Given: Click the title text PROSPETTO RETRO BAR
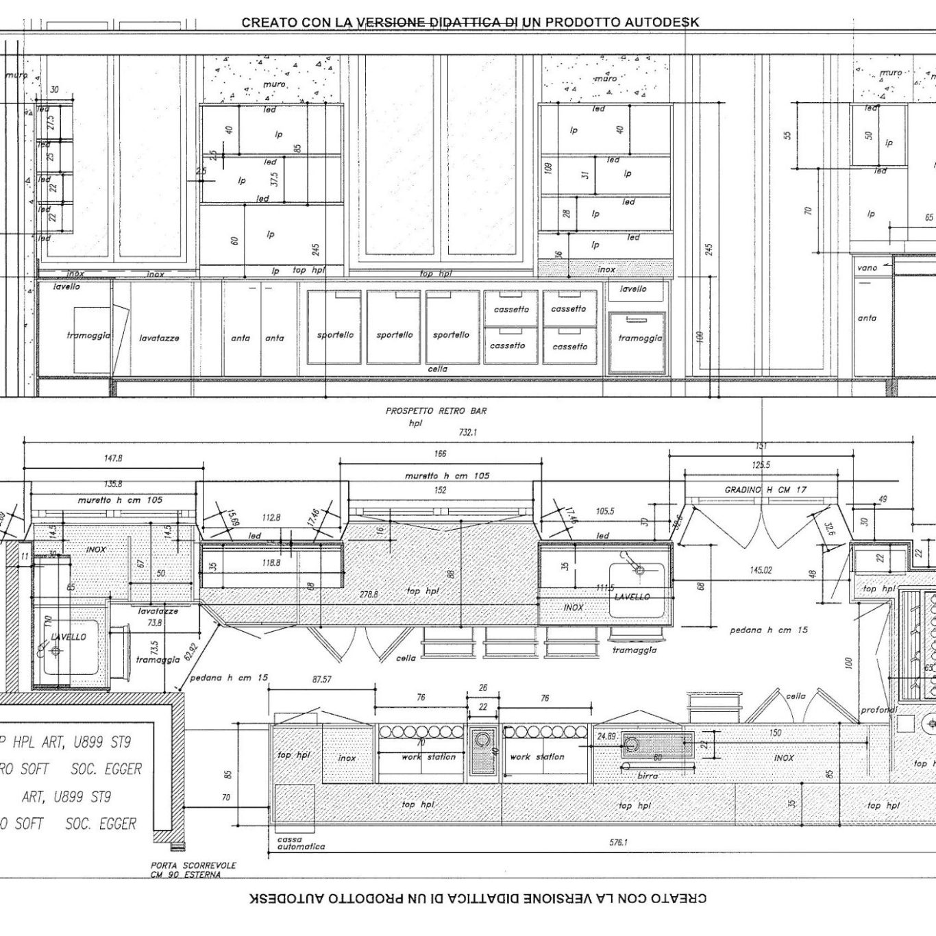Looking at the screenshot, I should (x=436, y=411).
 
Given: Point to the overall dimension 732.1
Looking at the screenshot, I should (x=468, y=432).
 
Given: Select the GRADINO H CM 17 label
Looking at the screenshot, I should (x=765, y=490).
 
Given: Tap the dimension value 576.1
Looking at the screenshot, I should (x=618, y=843).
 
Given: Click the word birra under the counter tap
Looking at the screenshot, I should (x=647, y=776).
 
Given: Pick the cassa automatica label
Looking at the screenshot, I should (x=301, y=843).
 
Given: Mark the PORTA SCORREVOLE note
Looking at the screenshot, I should (x=193, y=865).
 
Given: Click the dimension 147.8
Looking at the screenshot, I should (x=113, y=458).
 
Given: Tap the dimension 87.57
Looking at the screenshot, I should (x=321, y=680).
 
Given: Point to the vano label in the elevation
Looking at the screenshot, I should (x=867, y=268).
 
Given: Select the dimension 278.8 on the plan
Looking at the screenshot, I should (x=369, y=594).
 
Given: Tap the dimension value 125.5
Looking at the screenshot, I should (x=761, y=465).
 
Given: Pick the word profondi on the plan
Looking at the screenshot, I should (x=878, y=710).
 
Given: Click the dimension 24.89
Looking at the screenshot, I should (x=606, y=736).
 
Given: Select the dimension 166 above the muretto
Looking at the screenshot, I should (x=440, y=454).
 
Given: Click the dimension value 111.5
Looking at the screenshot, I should (x=605, y=588).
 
